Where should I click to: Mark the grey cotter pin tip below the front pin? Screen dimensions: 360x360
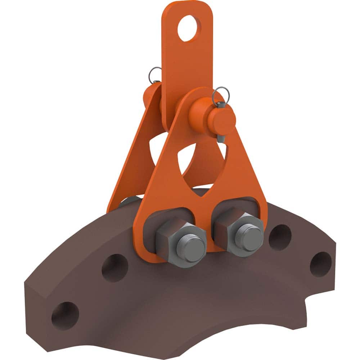[x=222, y=139]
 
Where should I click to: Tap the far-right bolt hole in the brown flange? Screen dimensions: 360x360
[x=320, y=264]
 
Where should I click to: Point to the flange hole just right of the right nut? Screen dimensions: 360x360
[x=280, y=237]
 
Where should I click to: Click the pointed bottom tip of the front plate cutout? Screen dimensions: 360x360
[x=204, y=197]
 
